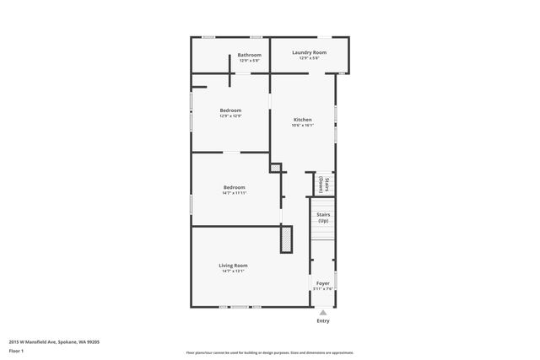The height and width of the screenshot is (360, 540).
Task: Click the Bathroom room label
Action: coord(249,55)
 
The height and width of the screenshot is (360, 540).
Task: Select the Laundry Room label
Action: coord(309,52)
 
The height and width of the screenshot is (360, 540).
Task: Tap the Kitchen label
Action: coord(302,120)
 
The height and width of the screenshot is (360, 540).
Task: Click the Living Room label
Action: coord(233,266)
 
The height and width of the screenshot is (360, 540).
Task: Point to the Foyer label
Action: coord(323,283)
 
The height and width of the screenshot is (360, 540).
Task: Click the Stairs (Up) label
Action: coord(323,218)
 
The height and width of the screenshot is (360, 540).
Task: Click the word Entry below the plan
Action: coord(323,320)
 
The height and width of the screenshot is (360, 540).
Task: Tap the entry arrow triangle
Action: coord(323,310)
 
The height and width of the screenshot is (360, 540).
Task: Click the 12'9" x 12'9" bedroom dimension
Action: coord(230,116)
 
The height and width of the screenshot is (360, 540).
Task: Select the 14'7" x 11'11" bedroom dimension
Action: coord(234,193)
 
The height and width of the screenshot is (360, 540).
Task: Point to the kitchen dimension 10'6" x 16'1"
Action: coord(302,126)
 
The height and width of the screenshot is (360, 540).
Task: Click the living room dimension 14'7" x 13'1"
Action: coord(233,271)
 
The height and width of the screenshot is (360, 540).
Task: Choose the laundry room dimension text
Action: coord(309,58)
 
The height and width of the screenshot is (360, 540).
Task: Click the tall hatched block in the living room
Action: coord(287,239)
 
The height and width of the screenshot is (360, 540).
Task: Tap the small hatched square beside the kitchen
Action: coord(275,168)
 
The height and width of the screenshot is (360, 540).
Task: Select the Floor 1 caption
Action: coord(16,351)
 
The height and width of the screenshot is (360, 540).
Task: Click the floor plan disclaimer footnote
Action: coord(269,352)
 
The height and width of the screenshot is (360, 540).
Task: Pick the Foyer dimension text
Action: coord(323,289)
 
